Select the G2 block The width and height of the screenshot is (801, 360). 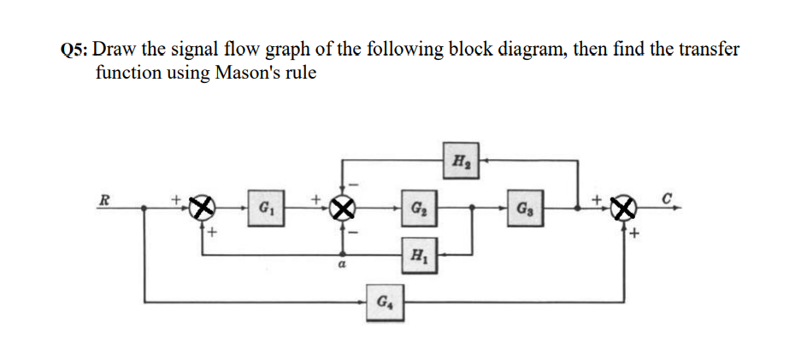click(418, 208)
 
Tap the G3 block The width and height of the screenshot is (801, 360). click(524, 208)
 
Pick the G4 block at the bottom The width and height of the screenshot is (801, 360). click(381, 303)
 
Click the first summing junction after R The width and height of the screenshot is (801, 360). click(202, 208)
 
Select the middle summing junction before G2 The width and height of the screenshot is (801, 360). click(344, 208)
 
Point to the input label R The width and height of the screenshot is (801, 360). click(104, 201)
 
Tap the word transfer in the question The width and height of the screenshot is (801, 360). click(707, 50)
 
